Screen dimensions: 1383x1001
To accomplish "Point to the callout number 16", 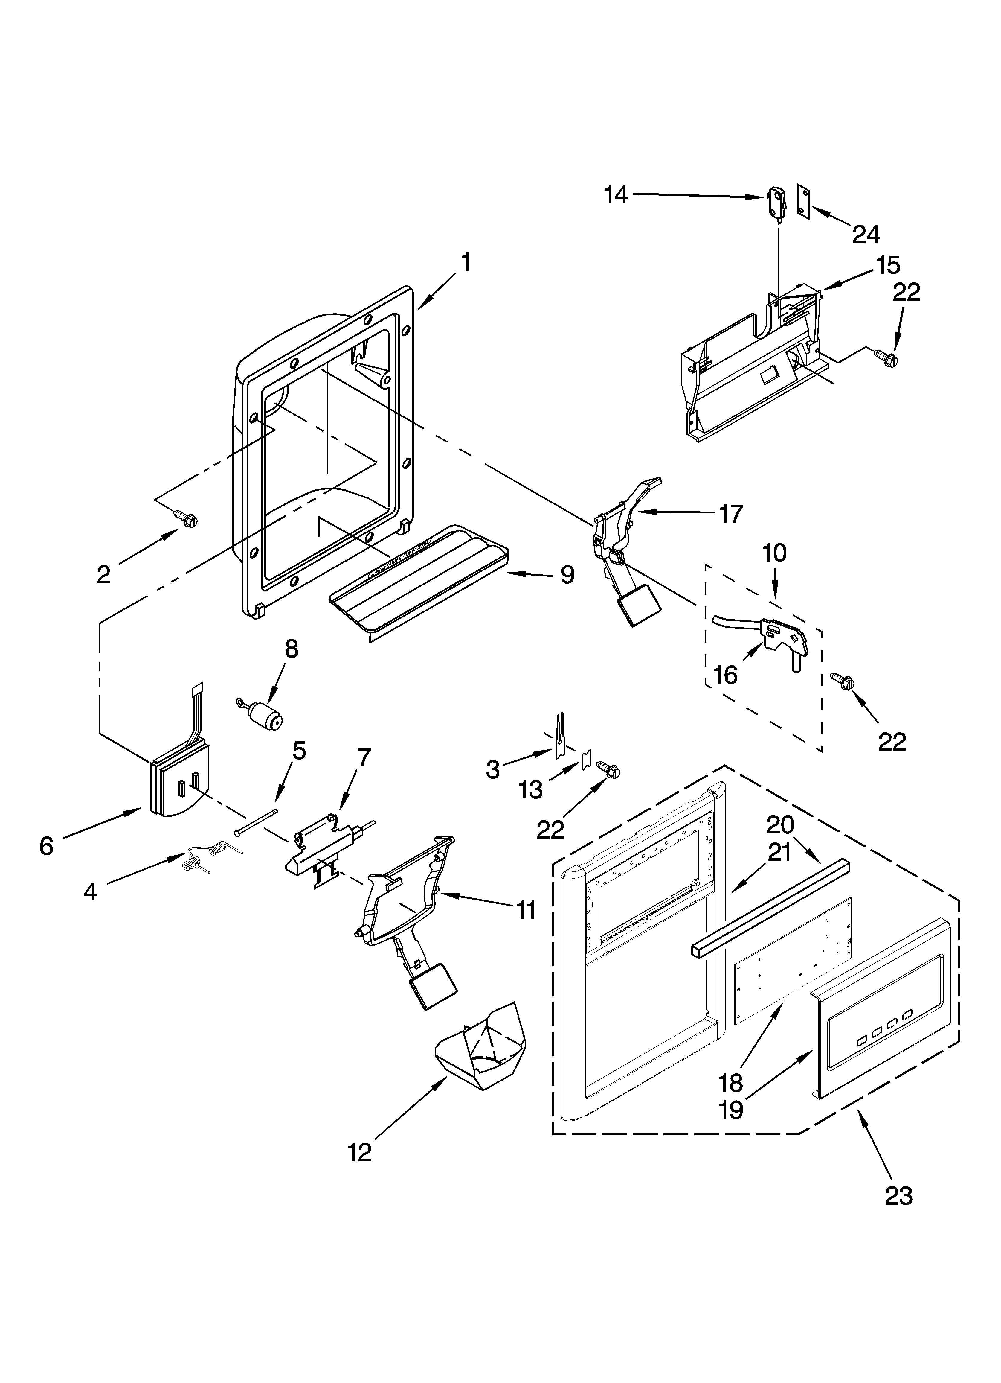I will (725, 675).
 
